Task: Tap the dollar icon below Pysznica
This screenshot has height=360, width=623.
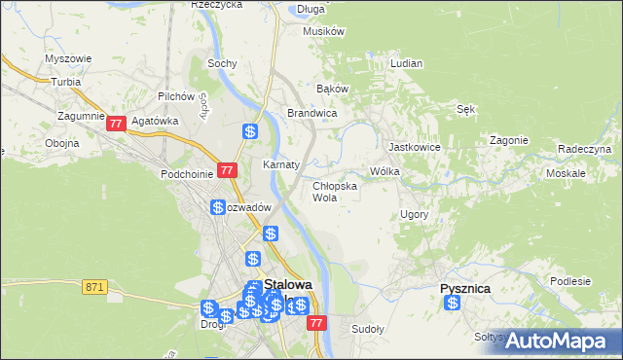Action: coord(453,304)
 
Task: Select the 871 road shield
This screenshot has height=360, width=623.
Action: coord(94,286)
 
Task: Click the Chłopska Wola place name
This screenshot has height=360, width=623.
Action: coord(334,191)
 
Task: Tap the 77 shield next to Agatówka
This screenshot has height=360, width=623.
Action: coord(116,124)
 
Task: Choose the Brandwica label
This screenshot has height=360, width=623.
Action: coord(311,113)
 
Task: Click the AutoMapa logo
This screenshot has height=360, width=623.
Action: coord(566,341)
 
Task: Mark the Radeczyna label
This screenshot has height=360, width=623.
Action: coord(584,149)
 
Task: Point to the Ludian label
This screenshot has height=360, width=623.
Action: coord(406,63)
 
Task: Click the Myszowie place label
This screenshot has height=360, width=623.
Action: coord(68,58)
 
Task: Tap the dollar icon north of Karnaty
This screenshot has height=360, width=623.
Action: coord(250,131)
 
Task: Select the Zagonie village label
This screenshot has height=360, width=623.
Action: coord(509,139)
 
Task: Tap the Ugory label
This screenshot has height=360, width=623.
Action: coord(414,213)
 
